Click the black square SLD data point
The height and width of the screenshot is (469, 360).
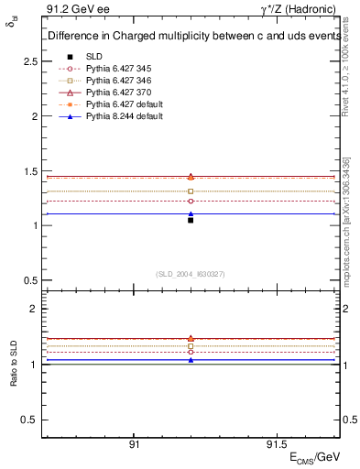pyautogui.click(x=191, y=220)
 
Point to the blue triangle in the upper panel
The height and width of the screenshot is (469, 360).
pyautogui.click(x=191, y=213)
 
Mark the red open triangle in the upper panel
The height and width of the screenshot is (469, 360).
pyautogui.click(x=191, y=176)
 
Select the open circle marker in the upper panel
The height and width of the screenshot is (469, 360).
pyautogui.click(x=191, y=201)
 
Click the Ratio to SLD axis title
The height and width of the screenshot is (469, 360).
pyautogui.click(x=14, y=364)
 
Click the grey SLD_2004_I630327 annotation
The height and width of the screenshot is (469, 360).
pyautogui.click(x=191, y=274)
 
